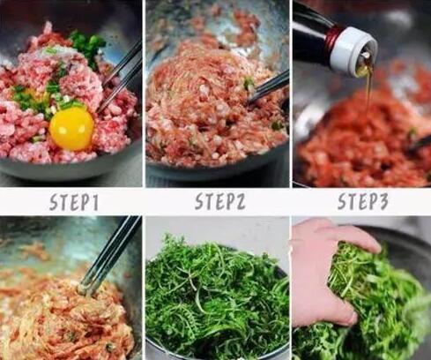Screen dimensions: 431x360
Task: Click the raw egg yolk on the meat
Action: tap(71, 128)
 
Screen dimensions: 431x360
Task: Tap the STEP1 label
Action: tap(74, 202)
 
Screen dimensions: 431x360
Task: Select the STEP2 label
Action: tap(220, 201)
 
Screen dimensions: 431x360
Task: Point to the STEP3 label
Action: tap(363, 201)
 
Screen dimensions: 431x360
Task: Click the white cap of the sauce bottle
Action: tap(353, 50)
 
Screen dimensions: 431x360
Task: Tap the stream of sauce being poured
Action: tap(368, 88)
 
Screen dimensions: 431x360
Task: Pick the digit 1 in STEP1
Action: tap(93, 202)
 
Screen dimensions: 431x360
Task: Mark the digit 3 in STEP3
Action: tap(383, 201)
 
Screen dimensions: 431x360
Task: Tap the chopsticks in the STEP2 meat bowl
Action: tap(267, 87)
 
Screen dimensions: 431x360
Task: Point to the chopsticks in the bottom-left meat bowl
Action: tap(108, 254)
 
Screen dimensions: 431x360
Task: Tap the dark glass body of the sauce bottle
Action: tap(311, 28)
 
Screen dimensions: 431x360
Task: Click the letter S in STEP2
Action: tap(200, 202)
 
